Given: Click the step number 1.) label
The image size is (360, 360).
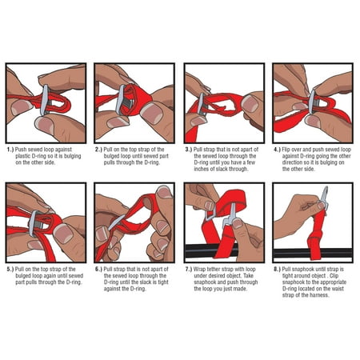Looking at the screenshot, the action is (x=10, y=150).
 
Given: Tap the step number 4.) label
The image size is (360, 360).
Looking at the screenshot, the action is (x=278, y=150).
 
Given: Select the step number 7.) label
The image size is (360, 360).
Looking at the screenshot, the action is (x=189, y=270).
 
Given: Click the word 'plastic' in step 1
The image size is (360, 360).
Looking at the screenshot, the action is (x=23, y=156).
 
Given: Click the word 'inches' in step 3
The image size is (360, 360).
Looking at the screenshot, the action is (x=202, y=169).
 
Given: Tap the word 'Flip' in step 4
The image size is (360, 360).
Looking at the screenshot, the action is (x=286, y=150).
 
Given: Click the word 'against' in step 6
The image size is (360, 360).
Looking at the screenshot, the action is (x=112, y=289).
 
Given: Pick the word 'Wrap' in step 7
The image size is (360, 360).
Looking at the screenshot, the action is (x=199, y=270).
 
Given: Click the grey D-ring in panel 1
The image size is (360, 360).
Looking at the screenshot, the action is (x=45, y=100).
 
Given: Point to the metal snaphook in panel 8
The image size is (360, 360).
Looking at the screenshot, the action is (x=324, y=198).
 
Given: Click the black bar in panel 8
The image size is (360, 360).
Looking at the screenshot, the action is (x=314, y=253).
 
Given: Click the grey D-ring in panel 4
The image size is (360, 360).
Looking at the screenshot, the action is (x=311, y=102).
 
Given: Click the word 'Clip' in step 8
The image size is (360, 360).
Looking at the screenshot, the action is (x=334, y=276).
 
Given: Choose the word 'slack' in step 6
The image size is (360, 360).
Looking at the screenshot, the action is (x=147, y=282).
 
